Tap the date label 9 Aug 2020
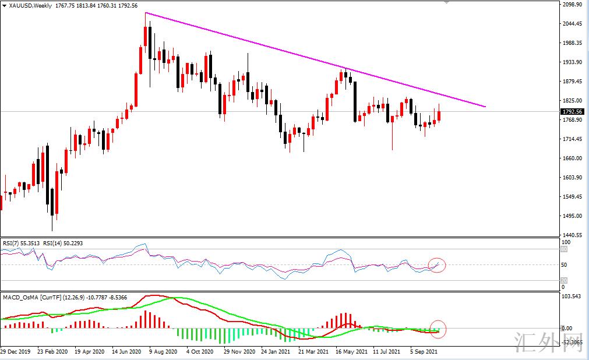[x=163, y=352]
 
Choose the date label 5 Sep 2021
[x=424, y=352]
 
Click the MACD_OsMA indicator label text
[x=20, y=298]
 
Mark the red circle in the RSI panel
[x=436, y=265]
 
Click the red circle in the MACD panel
[x=438, y=329]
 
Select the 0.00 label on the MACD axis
[x=566, y=329]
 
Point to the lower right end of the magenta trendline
[x=485, y=107]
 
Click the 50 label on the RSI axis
[x=563, y=265]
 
